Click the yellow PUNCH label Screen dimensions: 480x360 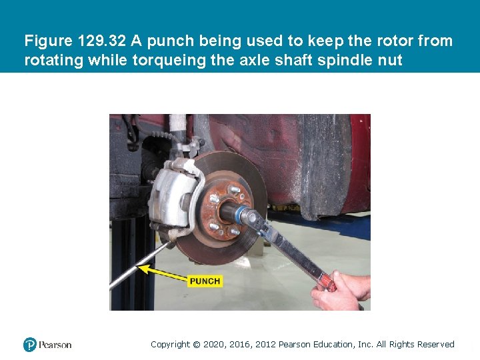[x=205, y=281]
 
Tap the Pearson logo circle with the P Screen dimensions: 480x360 [x=30, y=345]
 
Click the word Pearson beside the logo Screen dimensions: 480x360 [x=55, y=345]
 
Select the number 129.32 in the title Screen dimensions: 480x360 [x=101, y=41]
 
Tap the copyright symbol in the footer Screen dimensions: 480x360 [x=196, y=345]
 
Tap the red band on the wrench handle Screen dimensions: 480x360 [x=326, y=280]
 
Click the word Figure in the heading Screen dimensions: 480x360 [x=49, y=41]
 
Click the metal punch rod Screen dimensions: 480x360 [x=139, y=266]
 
